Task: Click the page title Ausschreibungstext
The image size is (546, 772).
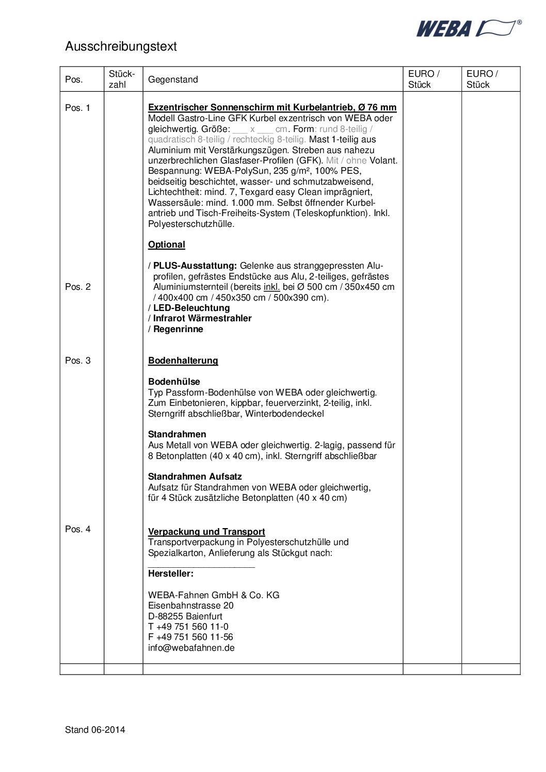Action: coord(121,46)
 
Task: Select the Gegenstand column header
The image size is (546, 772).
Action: coord(173,79)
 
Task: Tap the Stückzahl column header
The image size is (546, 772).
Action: coord(122,79)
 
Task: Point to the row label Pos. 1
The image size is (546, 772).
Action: coord(77,108)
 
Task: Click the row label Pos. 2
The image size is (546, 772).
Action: coord(77,287)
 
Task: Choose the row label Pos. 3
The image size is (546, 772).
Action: coord(77,360)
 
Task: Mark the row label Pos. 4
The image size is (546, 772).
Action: coord(77,529)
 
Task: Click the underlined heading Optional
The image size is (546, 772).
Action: coord(166,244)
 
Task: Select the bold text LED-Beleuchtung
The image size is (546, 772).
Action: coord(191,308)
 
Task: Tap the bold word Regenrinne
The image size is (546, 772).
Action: coord(178,329)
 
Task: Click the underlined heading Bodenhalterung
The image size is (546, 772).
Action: coord(183,360)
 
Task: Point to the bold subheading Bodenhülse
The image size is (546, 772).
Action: coord(174,382)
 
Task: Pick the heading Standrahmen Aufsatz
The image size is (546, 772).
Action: coord(195,477)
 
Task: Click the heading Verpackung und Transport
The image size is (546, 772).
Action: coord(206,532)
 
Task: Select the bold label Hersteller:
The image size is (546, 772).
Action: coord(171,573)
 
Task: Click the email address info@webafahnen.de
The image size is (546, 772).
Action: coord(191,648)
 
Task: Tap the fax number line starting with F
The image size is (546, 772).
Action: coord(190,637)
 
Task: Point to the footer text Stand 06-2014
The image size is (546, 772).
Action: coord(95,730)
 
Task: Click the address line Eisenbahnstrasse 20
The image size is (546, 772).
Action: coord(190,605)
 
